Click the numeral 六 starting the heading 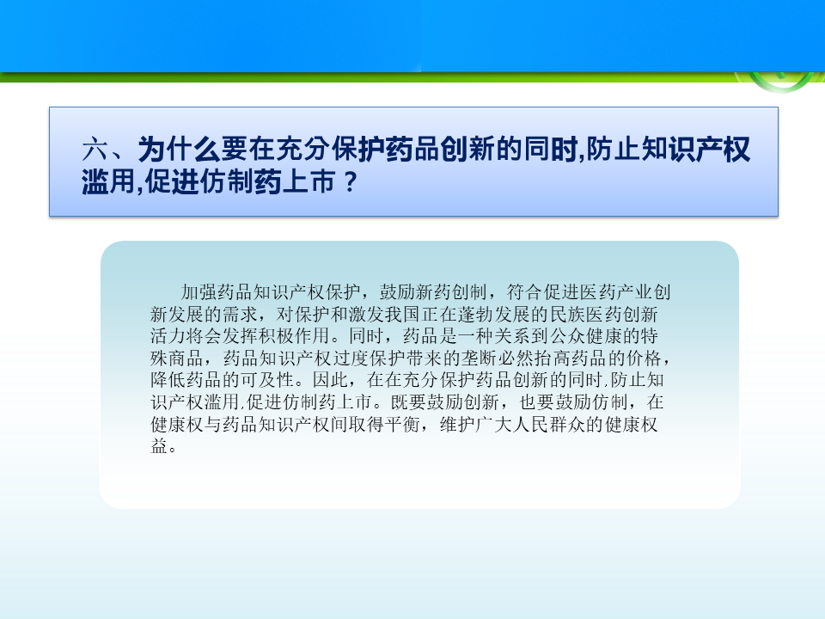(95, 149)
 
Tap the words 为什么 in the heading (179, 149)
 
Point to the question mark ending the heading (350, 182)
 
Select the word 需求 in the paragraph (240, 315)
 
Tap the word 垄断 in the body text (480, 359)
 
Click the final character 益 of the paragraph (159, 446)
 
